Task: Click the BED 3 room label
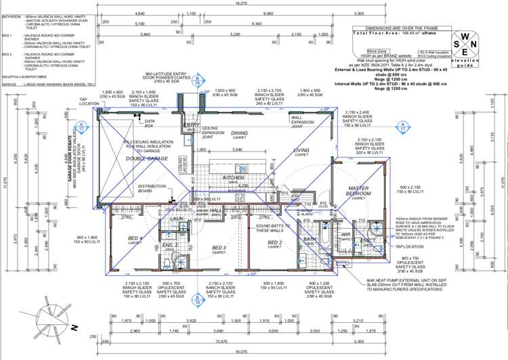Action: click(218, 248)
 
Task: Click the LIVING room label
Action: click(301, 152)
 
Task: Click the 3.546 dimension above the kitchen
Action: click(236, 150)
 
